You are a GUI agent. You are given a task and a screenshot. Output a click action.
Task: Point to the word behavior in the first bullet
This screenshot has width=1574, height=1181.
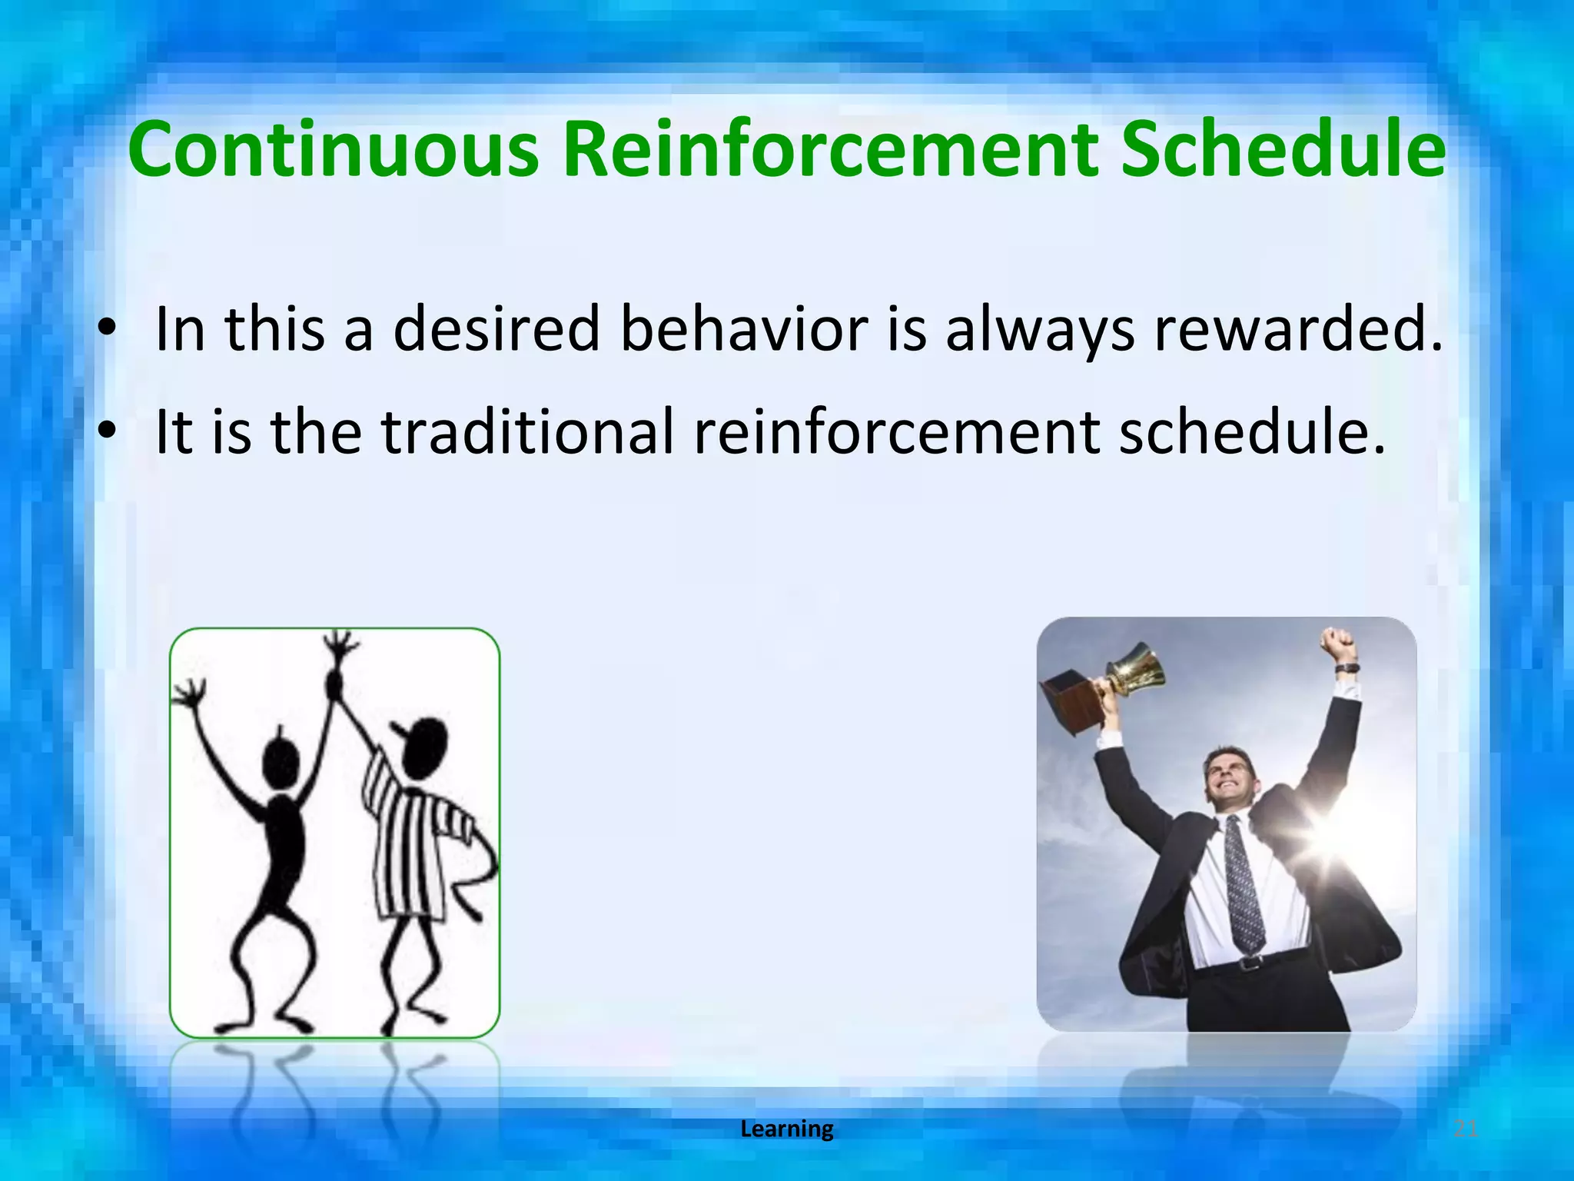coord(743,329)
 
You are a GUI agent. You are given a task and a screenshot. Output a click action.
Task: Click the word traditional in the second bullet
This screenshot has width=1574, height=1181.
coord(528,432)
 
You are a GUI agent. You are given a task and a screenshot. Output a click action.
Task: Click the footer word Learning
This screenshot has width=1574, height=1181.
coord(786,1129)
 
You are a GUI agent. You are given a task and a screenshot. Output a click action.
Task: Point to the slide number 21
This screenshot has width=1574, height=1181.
coord(1466,1129)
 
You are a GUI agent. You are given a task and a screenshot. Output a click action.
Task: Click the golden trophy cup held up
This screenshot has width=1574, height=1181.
coord(1134,669)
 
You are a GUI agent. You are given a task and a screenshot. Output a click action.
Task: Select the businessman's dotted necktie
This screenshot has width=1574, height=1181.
coord(1243,884)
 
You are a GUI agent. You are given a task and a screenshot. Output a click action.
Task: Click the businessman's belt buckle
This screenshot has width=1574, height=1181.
coord(1252,962)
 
